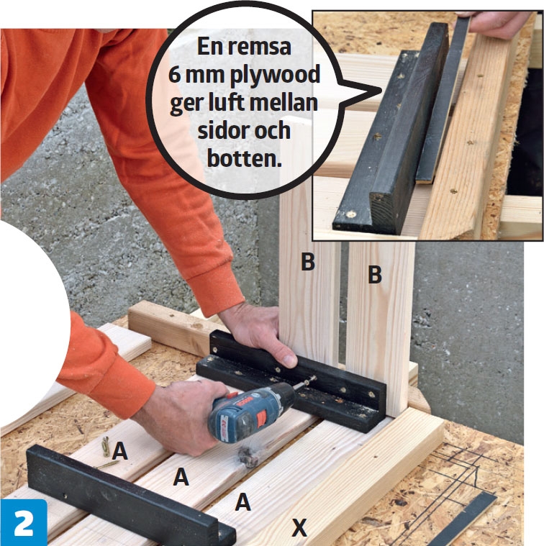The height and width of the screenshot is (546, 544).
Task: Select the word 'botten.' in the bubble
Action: [244, 158]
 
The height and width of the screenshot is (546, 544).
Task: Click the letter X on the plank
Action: [299, 527]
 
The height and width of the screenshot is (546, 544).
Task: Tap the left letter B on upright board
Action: [308, 262]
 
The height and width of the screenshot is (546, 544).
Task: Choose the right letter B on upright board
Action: [375, 275]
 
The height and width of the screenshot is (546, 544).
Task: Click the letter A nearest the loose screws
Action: [119, 451]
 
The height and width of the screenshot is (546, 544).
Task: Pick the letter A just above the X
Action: [242, 502]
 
